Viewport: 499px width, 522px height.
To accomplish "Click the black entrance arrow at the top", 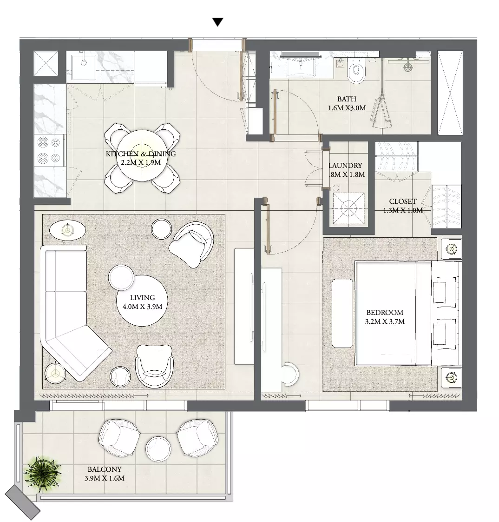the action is click(218, 22).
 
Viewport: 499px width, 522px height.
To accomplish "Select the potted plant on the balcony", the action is click(42, 474).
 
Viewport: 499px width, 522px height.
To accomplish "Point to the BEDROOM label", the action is click(385, 313).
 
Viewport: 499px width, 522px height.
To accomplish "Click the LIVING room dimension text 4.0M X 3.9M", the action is click(142, 307).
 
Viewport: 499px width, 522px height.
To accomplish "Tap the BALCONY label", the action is click(105, 469).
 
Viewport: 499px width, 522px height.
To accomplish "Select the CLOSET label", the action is click(402, 201).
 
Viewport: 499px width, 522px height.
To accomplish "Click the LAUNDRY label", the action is click(345, 166).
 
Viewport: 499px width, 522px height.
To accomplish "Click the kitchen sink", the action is click(83, 66).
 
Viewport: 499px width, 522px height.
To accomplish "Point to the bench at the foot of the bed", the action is click(342, 314).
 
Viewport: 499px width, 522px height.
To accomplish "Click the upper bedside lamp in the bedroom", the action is click(451, 248).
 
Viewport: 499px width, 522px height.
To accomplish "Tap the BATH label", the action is click(347, 99).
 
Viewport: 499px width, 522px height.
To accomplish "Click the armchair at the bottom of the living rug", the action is click(155, 366).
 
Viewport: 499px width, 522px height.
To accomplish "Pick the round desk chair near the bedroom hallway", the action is click(290, 374).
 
